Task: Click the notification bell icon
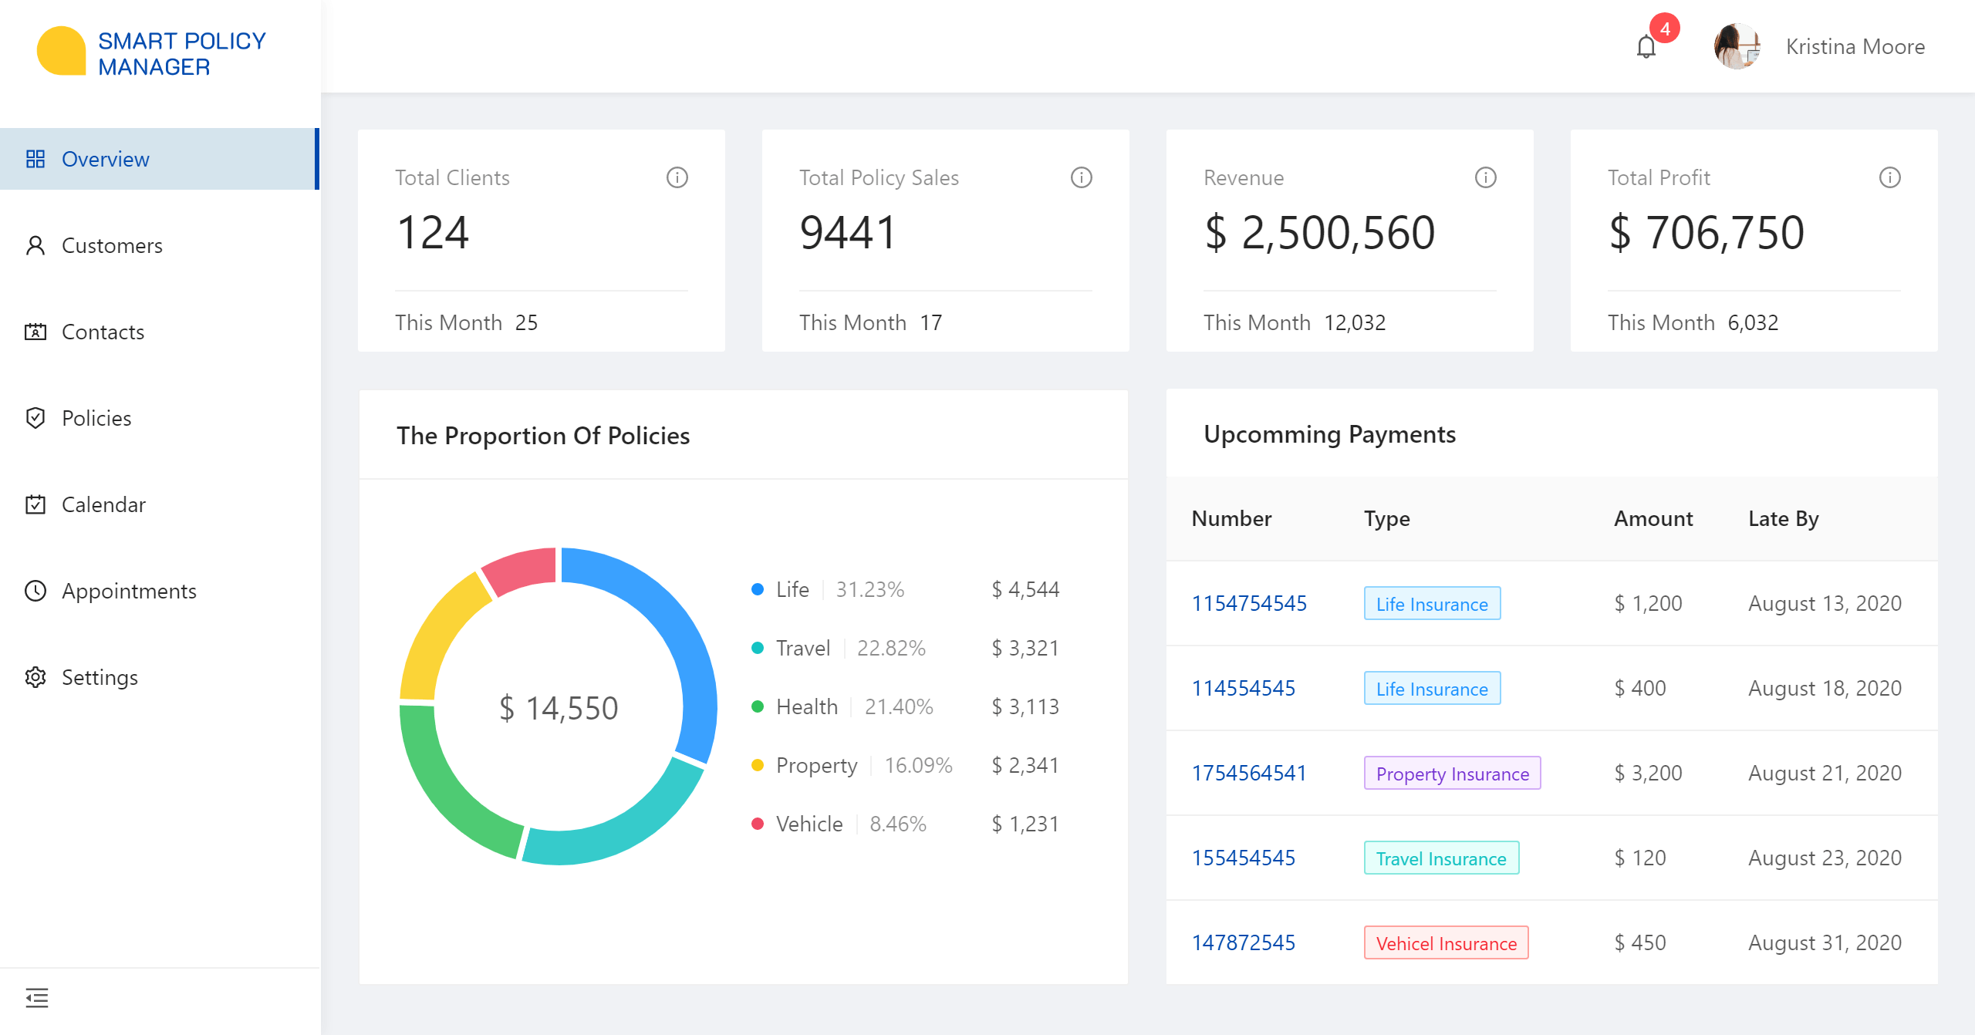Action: (x=1646, y=47)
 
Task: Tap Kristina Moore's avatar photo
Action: (x=1737, y=46)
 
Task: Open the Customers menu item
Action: (x=112, y=245)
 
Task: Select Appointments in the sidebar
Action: (x=129, y=591)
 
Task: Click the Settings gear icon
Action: (x=35, y=677)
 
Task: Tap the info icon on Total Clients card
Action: (x=677, y=177)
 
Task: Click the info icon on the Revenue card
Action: (x=1486, y=177)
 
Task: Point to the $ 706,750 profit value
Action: (x=1707, y=232)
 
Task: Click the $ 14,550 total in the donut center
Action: (x=559, y=708)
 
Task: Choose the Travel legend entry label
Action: (x=803, y=648)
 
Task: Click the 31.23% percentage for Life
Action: (x=870, y=589)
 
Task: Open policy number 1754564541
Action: (x=1249, y=773)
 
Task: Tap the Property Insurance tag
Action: (x=1452, y=773)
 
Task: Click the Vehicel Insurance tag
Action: (x=1446, y=942)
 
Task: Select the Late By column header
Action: (x=1783, y=518)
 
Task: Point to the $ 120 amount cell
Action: (x=1640, y=858)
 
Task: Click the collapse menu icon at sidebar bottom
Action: (x=36, y=998)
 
